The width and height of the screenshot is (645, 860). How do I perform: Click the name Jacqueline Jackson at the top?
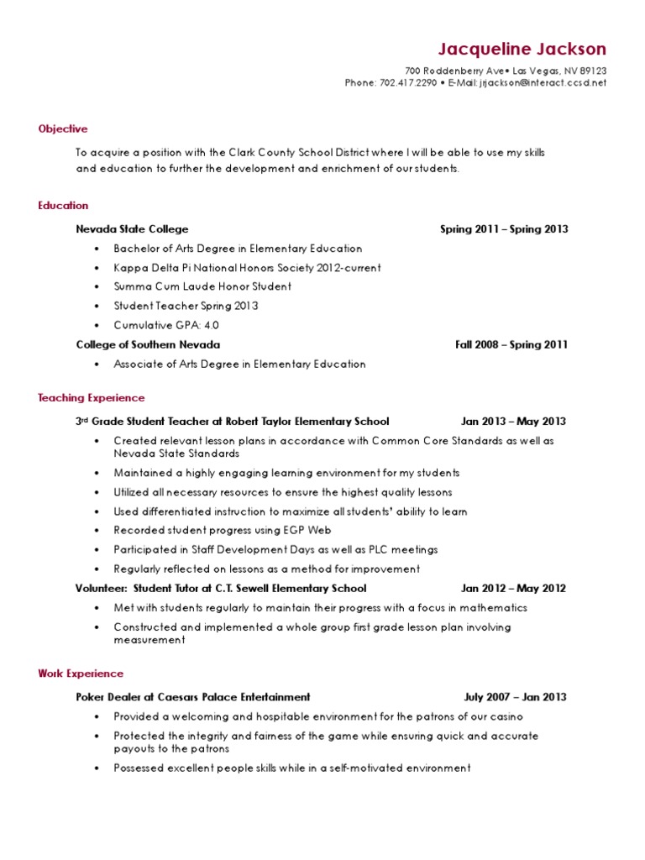[522, 49]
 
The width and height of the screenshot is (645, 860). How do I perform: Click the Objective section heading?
[63, 128]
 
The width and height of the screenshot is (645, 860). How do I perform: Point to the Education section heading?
[63, 205]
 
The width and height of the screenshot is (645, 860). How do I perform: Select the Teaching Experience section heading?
[92, 397]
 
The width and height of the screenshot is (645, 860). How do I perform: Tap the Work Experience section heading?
[81, 673]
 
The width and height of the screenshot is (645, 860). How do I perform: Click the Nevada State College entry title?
[132, 228]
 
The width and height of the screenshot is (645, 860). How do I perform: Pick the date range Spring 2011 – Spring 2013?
[504, 228]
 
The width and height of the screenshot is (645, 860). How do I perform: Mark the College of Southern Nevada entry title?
[148, 344]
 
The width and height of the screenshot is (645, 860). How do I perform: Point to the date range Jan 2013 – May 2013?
[513, 421]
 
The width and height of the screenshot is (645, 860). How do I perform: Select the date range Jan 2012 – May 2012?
[513, 588]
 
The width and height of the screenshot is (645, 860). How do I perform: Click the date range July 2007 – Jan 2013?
[515, 696]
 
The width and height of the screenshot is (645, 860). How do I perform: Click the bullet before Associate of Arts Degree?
[97, 364]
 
